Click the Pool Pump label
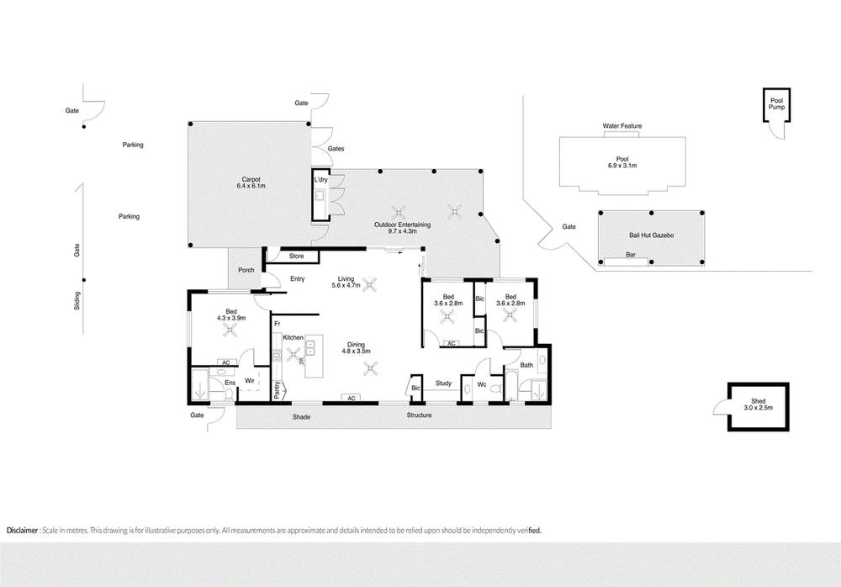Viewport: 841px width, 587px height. [776, 104]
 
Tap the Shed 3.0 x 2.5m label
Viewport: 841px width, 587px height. [758, 405]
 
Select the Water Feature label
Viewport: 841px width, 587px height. [622, 126]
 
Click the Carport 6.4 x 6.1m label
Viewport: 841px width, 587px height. [251, 183]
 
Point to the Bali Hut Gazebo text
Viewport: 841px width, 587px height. [651, 235]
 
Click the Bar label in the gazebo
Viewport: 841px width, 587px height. [631, 255]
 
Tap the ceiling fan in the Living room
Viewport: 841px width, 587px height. [369, 284]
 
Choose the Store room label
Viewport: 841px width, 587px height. [296, 256]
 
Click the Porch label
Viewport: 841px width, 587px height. [246, 270]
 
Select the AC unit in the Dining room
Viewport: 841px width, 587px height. [352, 398]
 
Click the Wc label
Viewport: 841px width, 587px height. [482, 384]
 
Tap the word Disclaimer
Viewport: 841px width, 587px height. [22, 531]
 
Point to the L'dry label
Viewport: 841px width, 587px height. [320, 180]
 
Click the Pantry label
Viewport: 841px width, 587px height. [277, 390]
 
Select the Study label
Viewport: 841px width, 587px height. [443, 383]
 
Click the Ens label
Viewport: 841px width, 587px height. [230, 383]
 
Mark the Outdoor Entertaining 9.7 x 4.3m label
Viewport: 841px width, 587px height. [402, 228]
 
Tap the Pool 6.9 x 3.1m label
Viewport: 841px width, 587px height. [622, 162]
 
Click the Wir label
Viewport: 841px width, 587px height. [250, 381]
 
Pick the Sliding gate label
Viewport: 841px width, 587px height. [77, 300]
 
